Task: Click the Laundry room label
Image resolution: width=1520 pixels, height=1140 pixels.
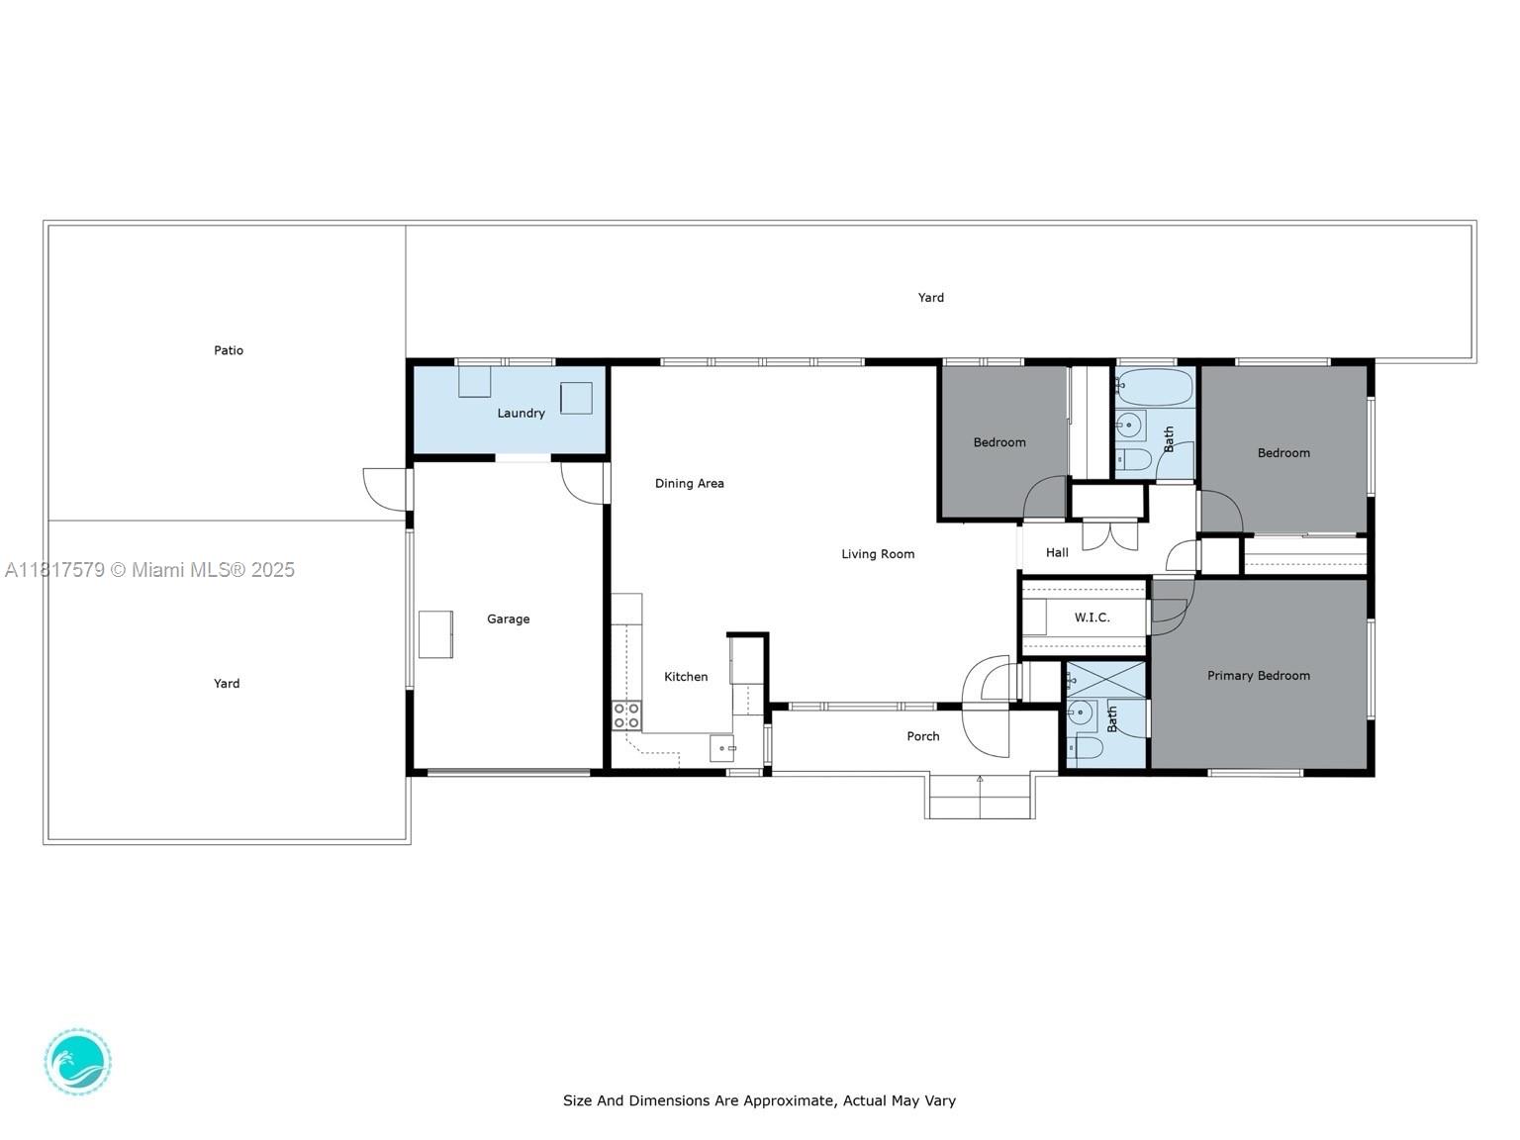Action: [x=521, y=414]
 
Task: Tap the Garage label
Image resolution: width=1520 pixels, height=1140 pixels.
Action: [x=508, y=619]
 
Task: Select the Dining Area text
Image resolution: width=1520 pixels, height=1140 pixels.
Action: [x=689, y=484]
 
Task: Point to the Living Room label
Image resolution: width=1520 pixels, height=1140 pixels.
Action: [x=878, y=554]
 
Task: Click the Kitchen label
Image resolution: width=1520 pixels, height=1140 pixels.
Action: [x=686, y=677]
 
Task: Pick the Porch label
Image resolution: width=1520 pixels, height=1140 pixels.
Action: [x=922, y=736]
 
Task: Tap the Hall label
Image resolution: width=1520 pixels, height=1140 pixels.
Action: [x=1057, y=553]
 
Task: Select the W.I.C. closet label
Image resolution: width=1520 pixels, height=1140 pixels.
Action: [x=1092, y=617]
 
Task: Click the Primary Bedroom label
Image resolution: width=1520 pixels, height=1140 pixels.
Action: [x=1258, y=676]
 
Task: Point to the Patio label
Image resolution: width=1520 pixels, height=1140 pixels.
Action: [x=229, y=350]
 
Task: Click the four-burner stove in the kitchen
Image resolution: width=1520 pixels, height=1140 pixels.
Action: [x=625, y=715]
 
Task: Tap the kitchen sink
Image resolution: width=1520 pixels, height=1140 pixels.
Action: [x=721, y=748]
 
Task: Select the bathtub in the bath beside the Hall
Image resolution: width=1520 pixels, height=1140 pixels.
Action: [x=1155, y=387]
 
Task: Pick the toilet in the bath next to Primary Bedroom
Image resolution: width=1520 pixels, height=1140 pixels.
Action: [x=1086, y=747]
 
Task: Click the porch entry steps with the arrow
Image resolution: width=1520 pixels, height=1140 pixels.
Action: [x=980, y=797]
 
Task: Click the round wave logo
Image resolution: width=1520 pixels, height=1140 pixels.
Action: [x=78, y=1062]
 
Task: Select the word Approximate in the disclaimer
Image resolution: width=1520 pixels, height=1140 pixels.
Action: [x=780, y=1100]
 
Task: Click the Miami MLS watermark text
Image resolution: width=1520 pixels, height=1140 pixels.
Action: [x=150, y=570]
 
